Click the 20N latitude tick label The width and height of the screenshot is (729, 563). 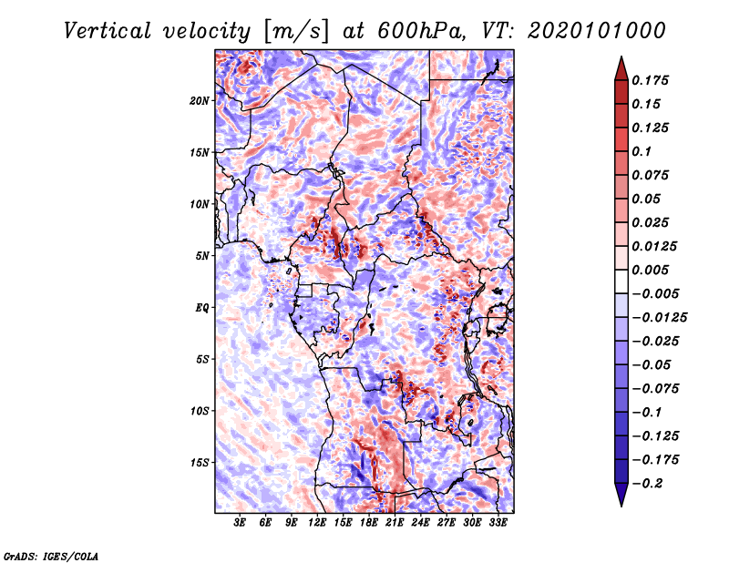pos(200,100)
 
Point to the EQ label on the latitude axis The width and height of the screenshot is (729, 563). pos(202,308)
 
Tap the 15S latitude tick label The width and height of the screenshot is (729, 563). pos(200,463)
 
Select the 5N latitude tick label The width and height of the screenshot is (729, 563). pos(202,256)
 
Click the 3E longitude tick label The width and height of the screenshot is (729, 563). pos(241,524)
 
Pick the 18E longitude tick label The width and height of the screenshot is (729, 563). pos(369,524)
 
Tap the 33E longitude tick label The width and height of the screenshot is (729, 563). pos(498,524)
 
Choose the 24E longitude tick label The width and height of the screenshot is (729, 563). pos(421,524)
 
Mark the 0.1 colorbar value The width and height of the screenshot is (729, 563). pos(644,151)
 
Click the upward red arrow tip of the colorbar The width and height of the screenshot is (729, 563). pos(620,60)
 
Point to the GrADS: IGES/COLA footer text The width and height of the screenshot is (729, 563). pos(50,555)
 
